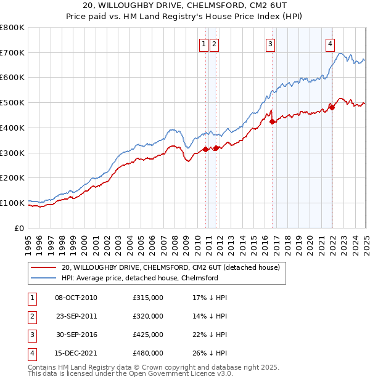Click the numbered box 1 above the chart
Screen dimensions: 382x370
pyautogui.click(x=203, y=44)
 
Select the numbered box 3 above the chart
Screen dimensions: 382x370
pyautogui.click(x=270, y=44)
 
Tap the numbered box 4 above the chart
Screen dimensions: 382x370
pyautogui.click(x=331, y=44)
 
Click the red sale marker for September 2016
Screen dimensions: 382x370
pyautogui.click(x=273, y=121)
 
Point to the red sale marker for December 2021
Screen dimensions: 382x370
pyautogui.click(x=332, y=107)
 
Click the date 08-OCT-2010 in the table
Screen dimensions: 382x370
pyautogui.click(x=76, y=298)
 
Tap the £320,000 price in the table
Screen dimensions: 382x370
pyautogui.click(x=148, y=316)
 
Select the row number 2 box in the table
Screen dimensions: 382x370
pyautogui.click(x=31, y=316)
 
